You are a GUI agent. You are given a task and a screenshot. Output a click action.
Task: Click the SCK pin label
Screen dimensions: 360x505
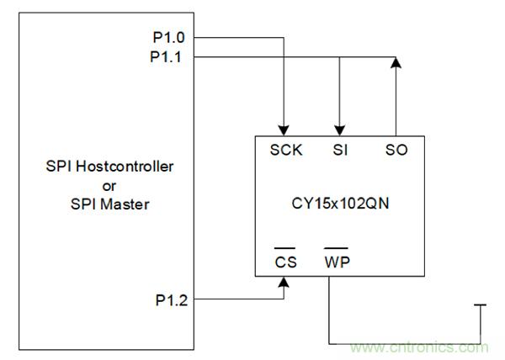pos(286,151)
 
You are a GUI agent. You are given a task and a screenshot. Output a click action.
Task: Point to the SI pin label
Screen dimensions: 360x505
pos(339,151)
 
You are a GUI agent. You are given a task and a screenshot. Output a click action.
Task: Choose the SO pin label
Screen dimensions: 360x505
pos(396,151)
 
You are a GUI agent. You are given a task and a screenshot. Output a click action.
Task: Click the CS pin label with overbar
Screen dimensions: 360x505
pos(286,262)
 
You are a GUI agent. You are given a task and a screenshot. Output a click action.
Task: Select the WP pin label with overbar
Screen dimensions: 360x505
pos(338,262)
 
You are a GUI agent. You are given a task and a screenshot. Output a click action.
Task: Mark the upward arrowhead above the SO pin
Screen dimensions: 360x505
pos(396,63)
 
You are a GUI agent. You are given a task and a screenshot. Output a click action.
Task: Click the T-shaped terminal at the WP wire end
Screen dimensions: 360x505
pos(481,307)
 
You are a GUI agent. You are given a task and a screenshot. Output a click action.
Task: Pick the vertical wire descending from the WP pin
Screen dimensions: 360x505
pos(329,311)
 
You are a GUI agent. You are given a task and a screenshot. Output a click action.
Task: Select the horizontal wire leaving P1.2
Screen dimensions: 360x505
pos(240,299)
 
